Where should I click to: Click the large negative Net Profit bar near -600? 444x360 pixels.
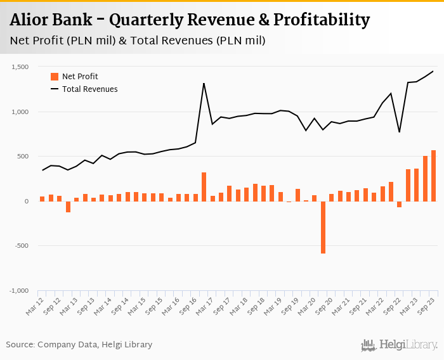(323, 227)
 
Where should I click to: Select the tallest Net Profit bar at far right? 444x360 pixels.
(434, 176)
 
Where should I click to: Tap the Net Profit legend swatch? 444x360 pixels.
(55, 77)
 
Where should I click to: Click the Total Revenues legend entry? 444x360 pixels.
(89, 89)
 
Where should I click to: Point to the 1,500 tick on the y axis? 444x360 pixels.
(20, 67)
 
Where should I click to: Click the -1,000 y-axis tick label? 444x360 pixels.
(19, 291)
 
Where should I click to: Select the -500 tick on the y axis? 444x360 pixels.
(22, 246)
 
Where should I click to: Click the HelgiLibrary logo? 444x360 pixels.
(400, 345)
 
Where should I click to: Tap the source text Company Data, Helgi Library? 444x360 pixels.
(95, 345)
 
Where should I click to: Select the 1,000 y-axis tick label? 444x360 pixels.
(20, 112)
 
